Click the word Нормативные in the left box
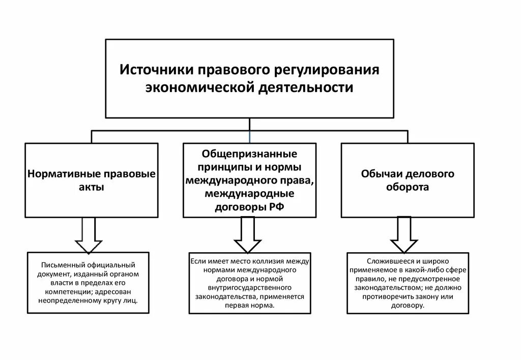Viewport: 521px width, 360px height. point(64,174)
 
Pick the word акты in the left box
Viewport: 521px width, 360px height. point(92,187)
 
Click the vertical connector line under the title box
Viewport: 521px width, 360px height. point(249,125)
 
